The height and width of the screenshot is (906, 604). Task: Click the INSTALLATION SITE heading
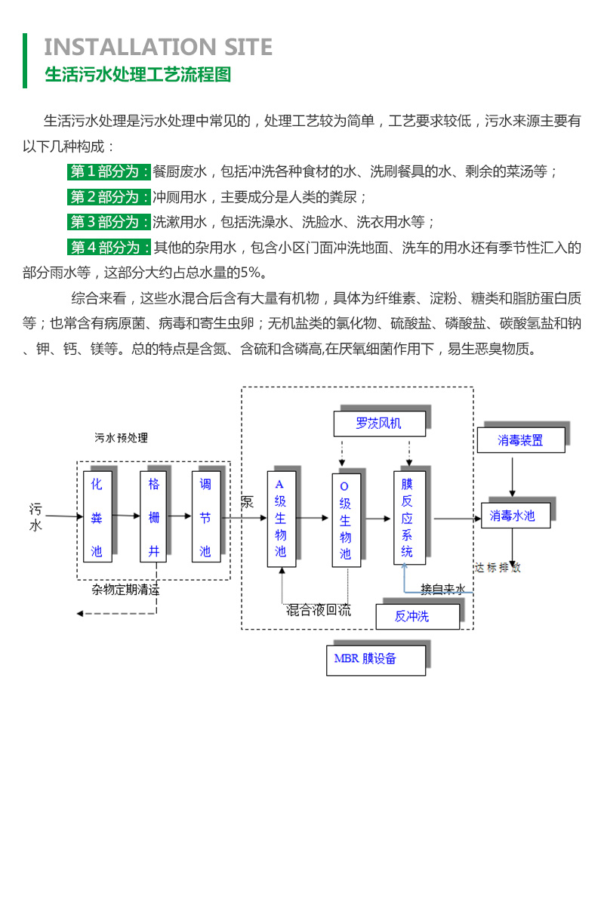pyautogui.click(x=158, y=47)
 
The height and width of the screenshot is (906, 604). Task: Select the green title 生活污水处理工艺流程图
pyautogui.click(x=137, y=75)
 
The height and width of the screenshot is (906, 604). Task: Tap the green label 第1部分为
pyautogui.click(x=109, y=171)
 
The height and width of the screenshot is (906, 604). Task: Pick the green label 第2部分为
pyautogui.click(x=109, y=197)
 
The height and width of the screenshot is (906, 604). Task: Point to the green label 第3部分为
pyautogui.click(x=109, y=222)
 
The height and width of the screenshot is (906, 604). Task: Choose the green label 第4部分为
pyautogui.click(x=109, y=247)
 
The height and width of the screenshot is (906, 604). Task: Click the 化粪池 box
pyautogui.click(x=97, y=517)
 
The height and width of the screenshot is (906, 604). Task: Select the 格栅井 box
pyautogui.click(x=154, y=517)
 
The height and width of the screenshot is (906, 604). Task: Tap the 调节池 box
pyautogui.click(x=205, y=517)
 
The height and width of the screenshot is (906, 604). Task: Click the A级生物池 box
pyautogui.click(x=281, y=519)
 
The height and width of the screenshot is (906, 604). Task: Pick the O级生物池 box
pyautogui.click(x=345, y=519)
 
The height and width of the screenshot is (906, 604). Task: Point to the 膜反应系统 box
pyautogui.click(x=408, y=518)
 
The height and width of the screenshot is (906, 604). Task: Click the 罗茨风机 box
pyautogui.click(x=379, y=424)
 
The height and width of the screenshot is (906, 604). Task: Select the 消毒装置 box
pyautogui.click(x=520, y=440)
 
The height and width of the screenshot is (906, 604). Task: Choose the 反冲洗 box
pyautogui.click(x=417, y=616)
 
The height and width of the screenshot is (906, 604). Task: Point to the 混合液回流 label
pyautogui.click(x=318, y=610)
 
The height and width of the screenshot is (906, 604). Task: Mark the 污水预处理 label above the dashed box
pyautogui.click(x=122, y=438)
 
